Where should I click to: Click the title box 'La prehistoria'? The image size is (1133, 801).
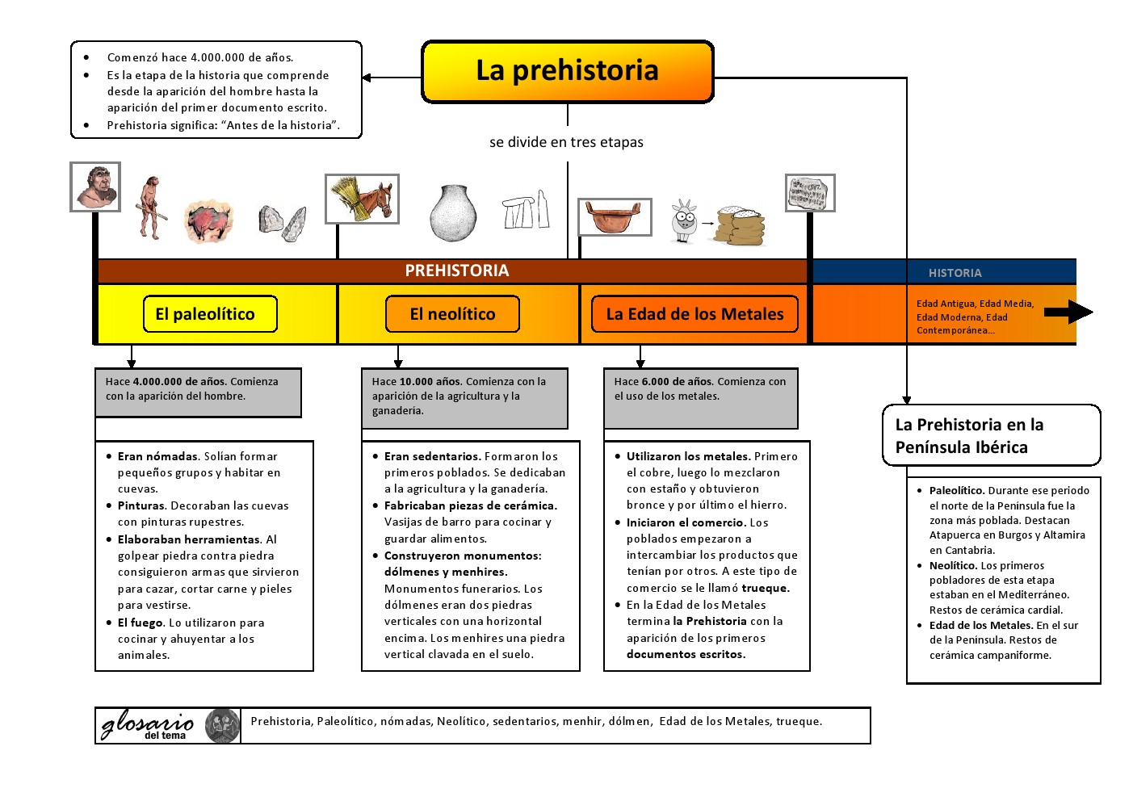coord(568,72)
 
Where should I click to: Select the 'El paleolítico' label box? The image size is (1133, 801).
coord(210,314)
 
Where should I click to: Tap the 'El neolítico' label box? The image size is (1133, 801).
coord(452,314)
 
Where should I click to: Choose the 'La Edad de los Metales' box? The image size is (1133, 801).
coord(694,314)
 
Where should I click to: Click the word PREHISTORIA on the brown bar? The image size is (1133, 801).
coord(457,271)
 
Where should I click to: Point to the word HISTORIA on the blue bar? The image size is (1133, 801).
coord(955,273)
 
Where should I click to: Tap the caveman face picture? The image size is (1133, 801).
coord(95,187)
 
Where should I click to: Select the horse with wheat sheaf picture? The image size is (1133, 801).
coord(363,199)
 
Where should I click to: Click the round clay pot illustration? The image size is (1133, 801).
coord(453,213)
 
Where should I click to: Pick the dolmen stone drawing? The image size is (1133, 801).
coord(526,210)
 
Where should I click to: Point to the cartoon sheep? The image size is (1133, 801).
coord(685,220)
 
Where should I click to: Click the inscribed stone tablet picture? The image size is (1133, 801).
coord(810,194)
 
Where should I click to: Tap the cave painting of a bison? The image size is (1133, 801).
coord(208,221)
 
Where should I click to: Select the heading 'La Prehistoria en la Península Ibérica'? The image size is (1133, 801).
coord(969,436)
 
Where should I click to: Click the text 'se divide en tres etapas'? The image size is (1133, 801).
coord(566,142)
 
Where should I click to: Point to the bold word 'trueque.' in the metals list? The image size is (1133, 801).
coord(766,589)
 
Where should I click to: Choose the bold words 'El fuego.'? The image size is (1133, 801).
coord(141,623)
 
